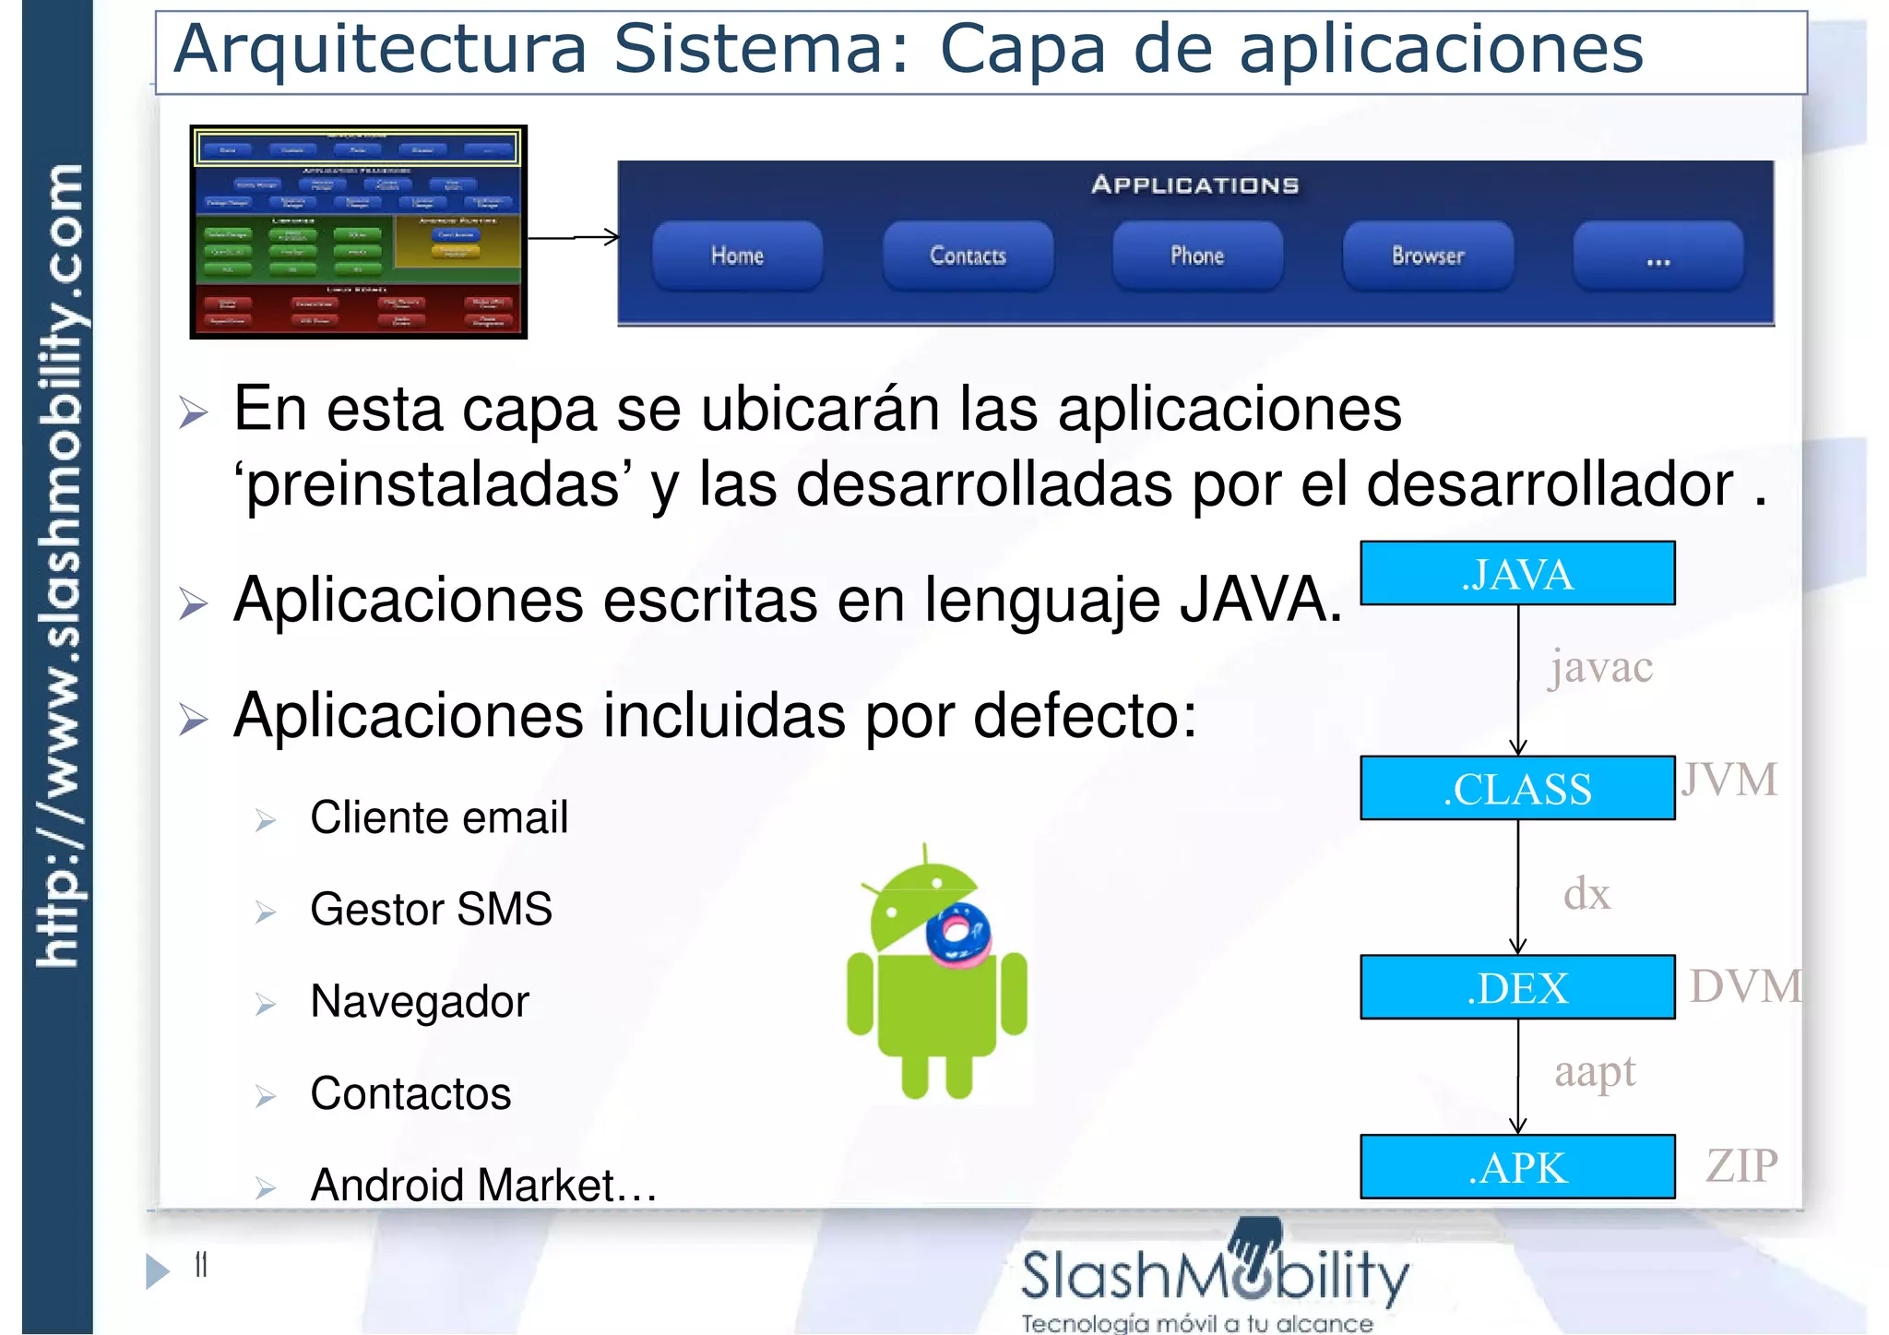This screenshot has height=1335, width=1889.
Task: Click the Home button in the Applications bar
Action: pos(737,256)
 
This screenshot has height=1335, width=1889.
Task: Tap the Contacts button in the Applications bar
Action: pos(968,256)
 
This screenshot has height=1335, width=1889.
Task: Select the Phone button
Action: pos(1197,256)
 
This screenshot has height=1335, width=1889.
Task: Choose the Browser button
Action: pos(1428,256)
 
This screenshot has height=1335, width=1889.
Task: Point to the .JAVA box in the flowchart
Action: pos(1517,574)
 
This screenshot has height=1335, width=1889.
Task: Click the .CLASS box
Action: pos(1517,789)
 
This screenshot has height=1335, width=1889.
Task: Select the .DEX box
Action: pos(1517,988)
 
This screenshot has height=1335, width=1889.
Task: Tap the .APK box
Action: pos(1517,1167)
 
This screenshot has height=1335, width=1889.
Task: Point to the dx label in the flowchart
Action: pos(1586,894)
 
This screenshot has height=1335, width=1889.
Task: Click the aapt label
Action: pos(1595,1072)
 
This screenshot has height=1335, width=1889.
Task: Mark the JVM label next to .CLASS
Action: pos(1729,781)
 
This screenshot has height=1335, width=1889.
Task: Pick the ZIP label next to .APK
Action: pos(1741,1166)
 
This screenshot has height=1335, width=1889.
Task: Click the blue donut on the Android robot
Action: pos(959,933)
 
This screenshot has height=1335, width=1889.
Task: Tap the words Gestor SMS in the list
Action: pos(431,910)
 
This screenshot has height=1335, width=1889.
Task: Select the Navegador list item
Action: pos(420,1002)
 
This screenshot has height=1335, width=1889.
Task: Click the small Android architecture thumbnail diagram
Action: pos(358,232)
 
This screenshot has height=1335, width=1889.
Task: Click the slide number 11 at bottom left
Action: pos(201,1265)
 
